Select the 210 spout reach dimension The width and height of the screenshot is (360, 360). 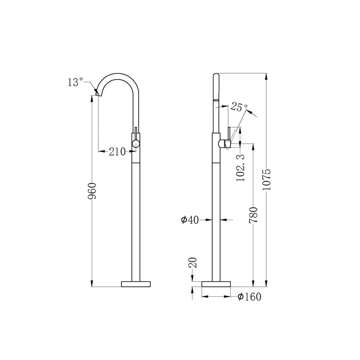(117, 152)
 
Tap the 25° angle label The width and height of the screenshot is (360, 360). (239, 107)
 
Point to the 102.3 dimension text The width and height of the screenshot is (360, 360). (240, 167)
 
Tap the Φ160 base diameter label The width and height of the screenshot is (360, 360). (249, 297)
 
